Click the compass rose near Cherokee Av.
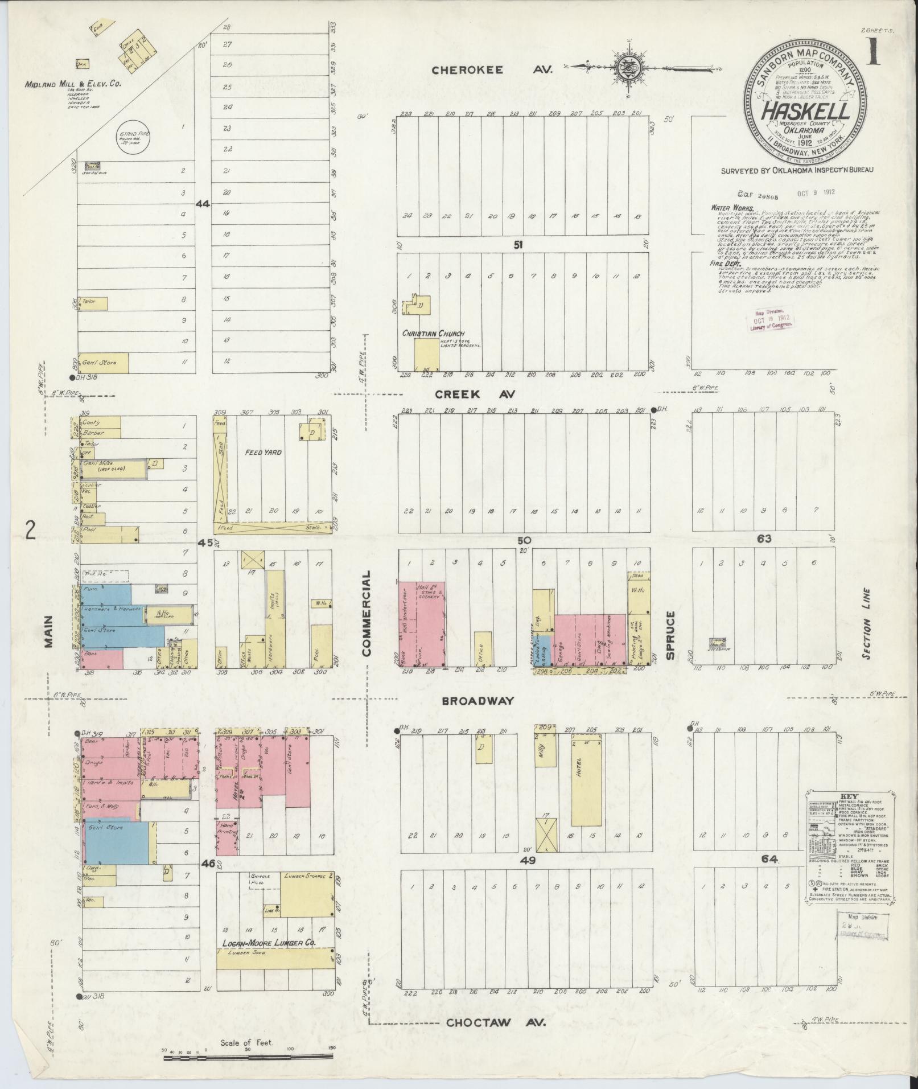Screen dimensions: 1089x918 (x=628, y=67)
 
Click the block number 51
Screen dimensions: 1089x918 (x=518, y=244)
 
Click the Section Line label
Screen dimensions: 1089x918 (x=867, y=623)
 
